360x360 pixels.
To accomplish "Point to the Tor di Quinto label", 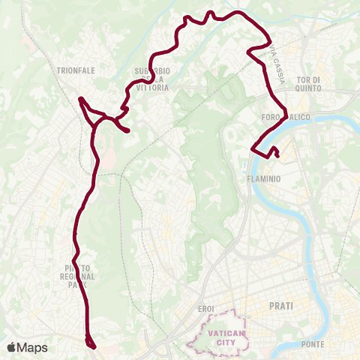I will pyautogui.click(x=308, y=84).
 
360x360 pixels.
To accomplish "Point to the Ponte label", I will pyautogui.click(x=312, y=344).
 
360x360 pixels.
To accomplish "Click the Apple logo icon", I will pyautogui.click(x=10, y=347).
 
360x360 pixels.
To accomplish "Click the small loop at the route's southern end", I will pyautogui.click(x=91, y=343).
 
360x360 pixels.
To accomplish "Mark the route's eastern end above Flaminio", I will pyautogui.click(x=277, y=155).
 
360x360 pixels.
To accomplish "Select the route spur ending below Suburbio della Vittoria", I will pyautogui.click(x=129, y=132).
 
